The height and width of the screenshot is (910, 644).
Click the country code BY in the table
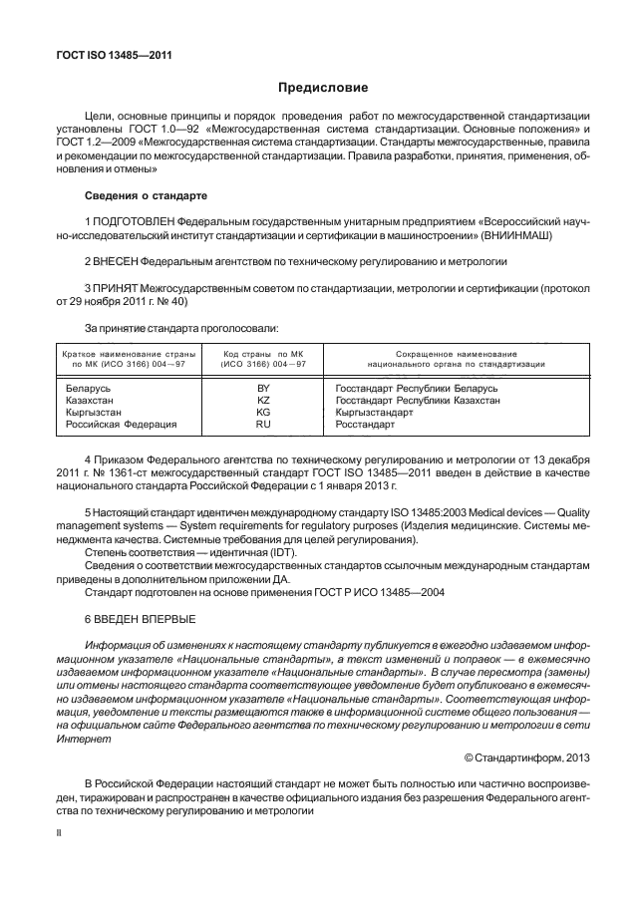pos(263,388)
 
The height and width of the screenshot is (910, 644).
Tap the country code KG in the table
pos(263,412)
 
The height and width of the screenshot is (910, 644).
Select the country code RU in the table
pos(263,424)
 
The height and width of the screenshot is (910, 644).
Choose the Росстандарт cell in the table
pos(365,424)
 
